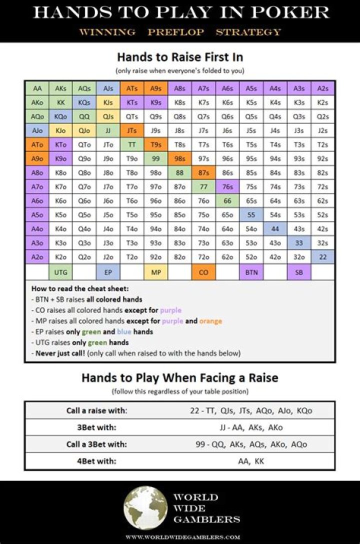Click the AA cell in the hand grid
point(37,88)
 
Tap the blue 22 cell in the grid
point(323,257)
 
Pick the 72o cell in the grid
point(203,257)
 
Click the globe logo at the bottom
point(145,507)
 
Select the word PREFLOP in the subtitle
point(175,32)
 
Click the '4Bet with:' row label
point(96,461)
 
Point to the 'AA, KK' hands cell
point(251,461)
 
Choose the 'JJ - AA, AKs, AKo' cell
point(251,427)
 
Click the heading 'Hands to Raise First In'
point(180,57)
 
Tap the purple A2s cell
point(323,88)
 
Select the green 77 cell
point(203,187)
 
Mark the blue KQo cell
point(61,116)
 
